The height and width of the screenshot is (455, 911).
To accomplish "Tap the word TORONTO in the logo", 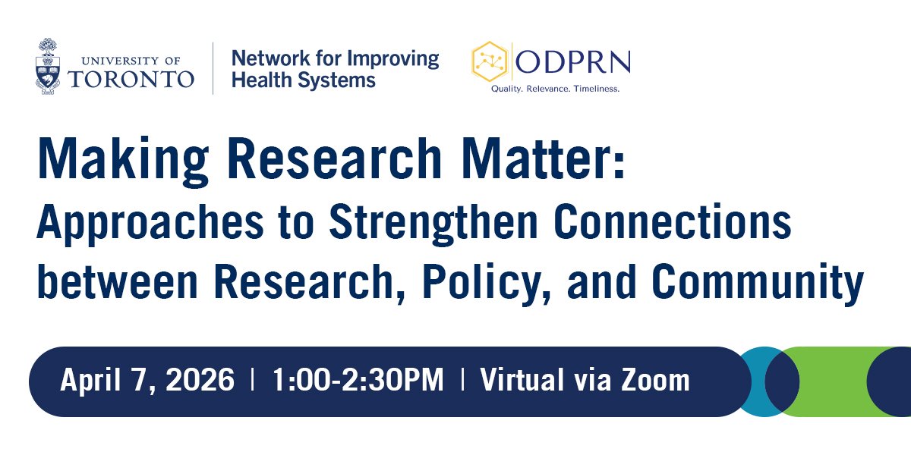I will (131, 78).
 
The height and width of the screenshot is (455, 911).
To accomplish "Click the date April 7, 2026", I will (147, 380).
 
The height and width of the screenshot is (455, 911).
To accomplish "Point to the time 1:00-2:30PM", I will (358, 380).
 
